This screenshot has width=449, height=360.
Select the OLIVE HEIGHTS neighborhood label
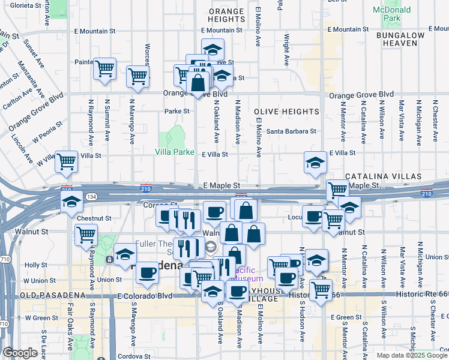point(286,112)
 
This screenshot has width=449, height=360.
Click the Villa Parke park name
point(175,152)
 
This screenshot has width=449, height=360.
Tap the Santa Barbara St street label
point(291,131)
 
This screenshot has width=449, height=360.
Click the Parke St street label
point(177,112)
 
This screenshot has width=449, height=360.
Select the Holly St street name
point(35,265)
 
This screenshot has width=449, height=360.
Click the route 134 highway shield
point(92,197)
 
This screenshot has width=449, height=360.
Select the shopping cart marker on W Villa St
point(66,160)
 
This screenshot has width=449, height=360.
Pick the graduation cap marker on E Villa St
point(315,162)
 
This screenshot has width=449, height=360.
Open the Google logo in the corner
point(20,353)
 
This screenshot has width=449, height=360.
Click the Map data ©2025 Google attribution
point(411,355)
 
